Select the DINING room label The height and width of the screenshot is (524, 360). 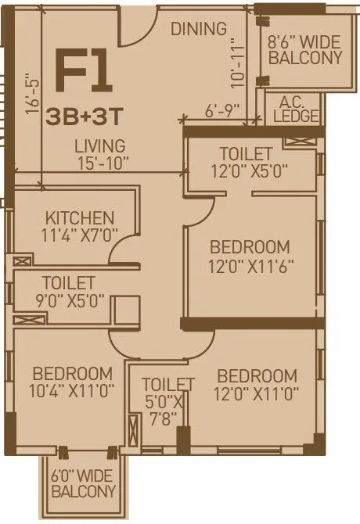click(199, 29)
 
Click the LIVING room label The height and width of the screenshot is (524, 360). click(99, 146)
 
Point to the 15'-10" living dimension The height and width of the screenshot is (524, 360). click(102, 163)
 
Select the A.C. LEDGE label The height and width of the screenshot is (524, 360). click(297, 109)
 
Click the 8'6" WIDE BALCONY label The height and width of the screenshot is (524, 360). click(304, 50)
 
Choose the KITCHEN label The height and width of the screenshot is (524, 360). click(80, 217)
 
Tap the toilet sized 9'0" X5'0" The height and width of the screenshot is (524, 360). click(69, 290)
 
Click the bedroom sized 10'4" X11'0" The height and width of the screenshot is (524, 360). click(73, 382)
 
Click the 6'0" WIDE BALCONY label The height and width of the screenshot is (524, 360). click(83, 483)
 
